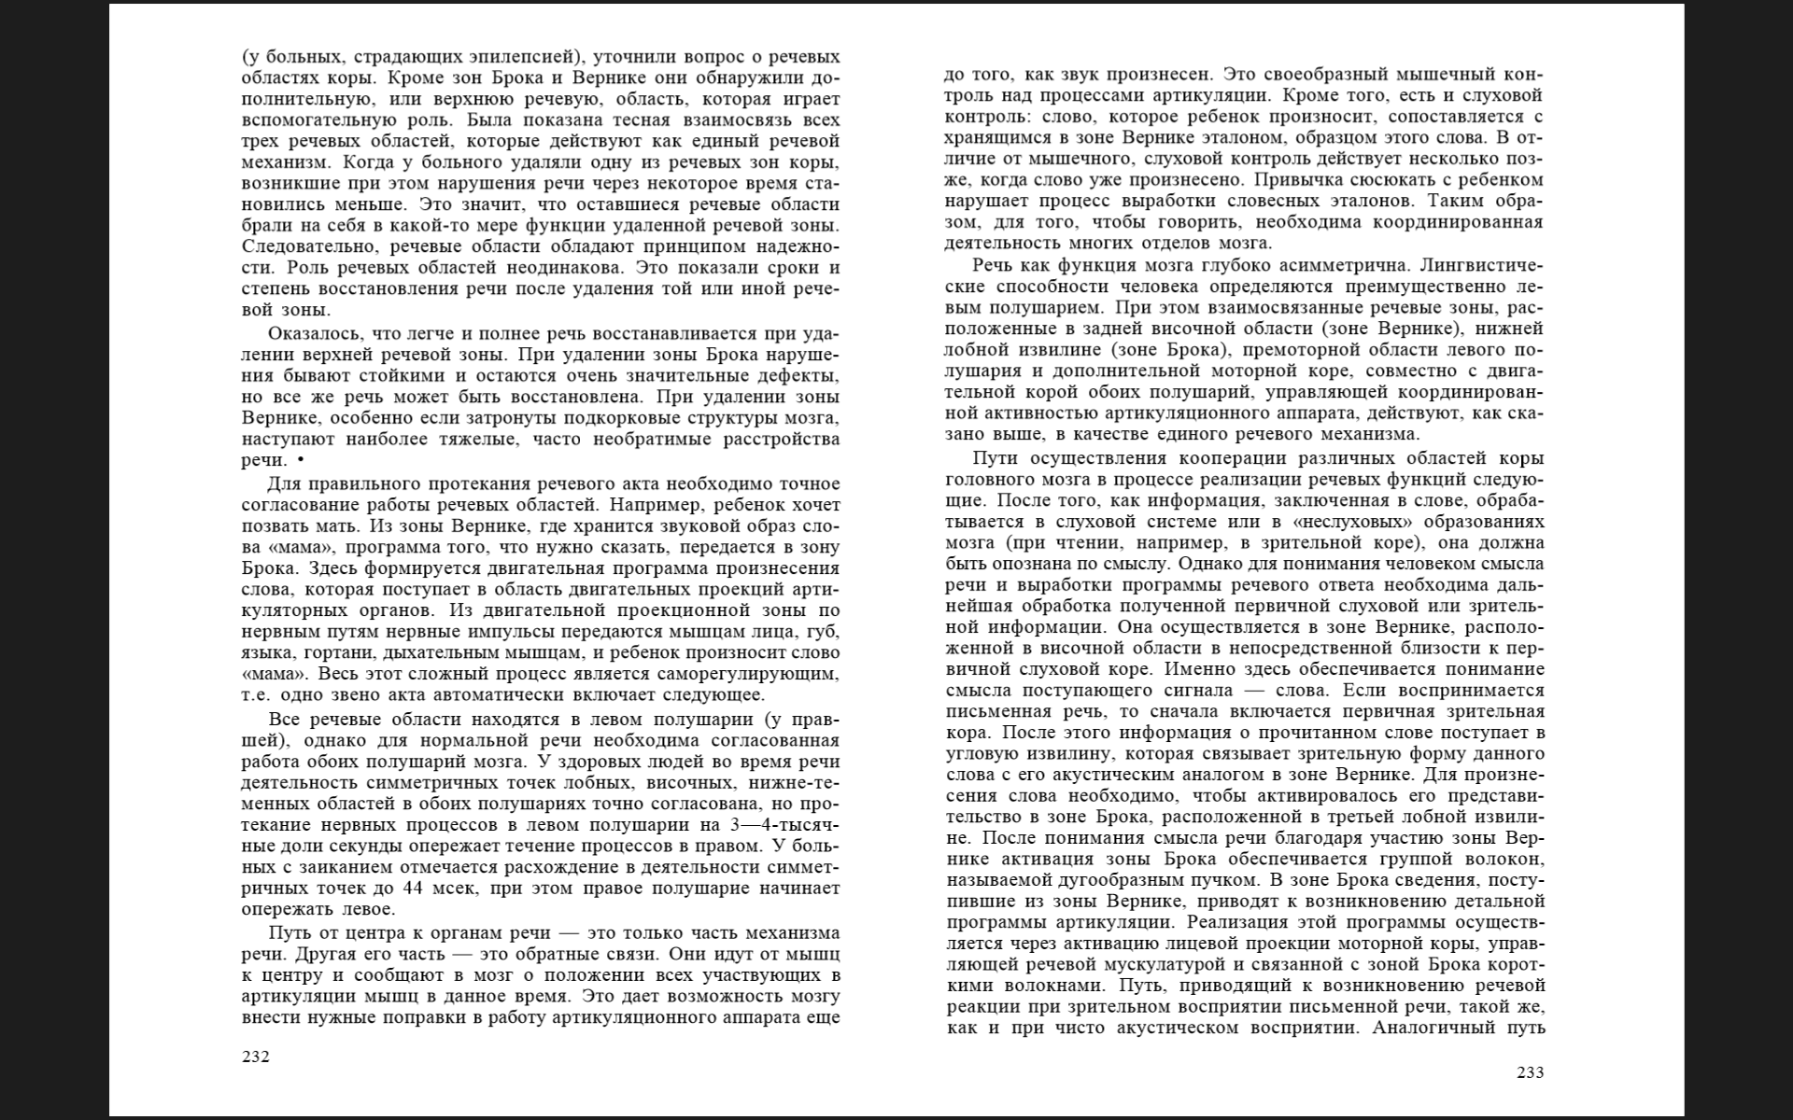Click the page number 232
click(x=255, y=1057)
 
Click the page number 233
click(x=1530, y=1072)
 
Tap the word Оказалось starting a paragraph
click(x=314, y=333)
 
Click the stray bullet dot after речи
click(x=300, y=460)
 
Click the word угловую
click(x=981, y=752)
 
